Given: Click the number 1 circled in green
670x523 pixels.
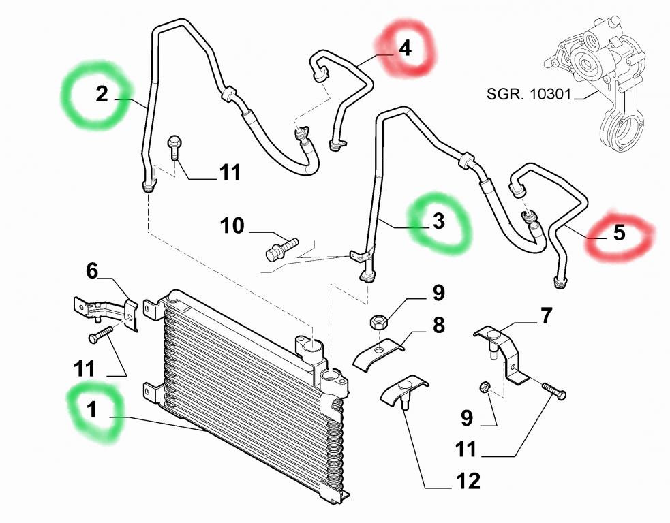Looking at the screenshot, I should click(x=91, y=411).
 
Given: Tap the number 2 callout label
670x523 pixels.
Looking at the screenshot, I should click(x=102, y=95).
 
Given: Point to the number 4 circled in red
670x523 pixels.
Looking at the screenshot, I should click(x=406, y=49).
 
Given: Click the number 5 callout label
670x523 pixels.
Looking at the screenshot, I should click(x=618, y=233).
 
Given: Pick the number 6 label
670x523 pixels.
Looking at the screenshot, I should click(x=92, y=271).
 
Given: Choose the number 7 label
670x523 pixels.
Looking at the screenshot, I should click(x=547, y=316).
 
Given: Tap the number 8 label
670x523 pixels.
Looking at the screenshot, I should click(x=438, y=325).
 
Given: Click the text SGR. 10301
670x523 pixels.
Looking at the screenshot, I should click(x=529, y=93).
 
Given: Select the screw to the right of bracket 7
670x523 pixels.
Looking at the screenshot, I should click(x=555, y=391).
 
